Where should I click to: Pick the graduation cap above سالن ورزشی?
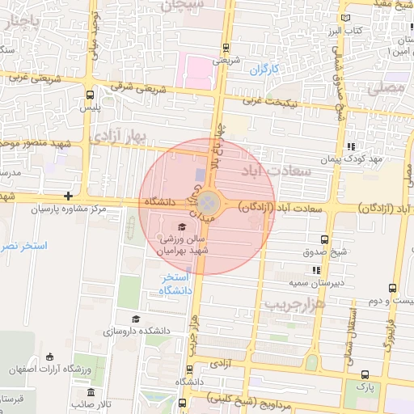coord(182,226)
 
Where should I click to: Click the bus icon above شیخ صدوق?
coord(324,239)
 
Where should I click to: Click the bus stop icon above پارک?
coord(365,374)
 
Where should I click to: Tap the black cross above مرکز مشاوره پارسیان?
coord(69,196)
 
